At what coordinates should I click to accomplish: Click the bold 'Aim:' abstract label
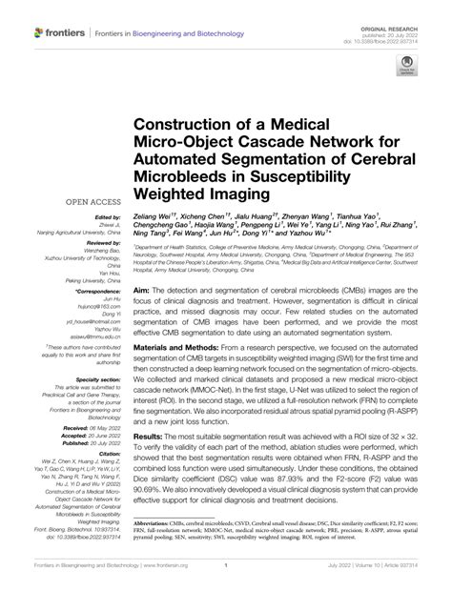(x=143, y=289)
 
